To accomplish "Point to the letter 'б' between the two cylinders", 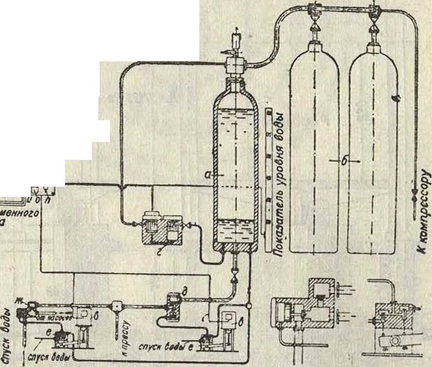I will [344, 162].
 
